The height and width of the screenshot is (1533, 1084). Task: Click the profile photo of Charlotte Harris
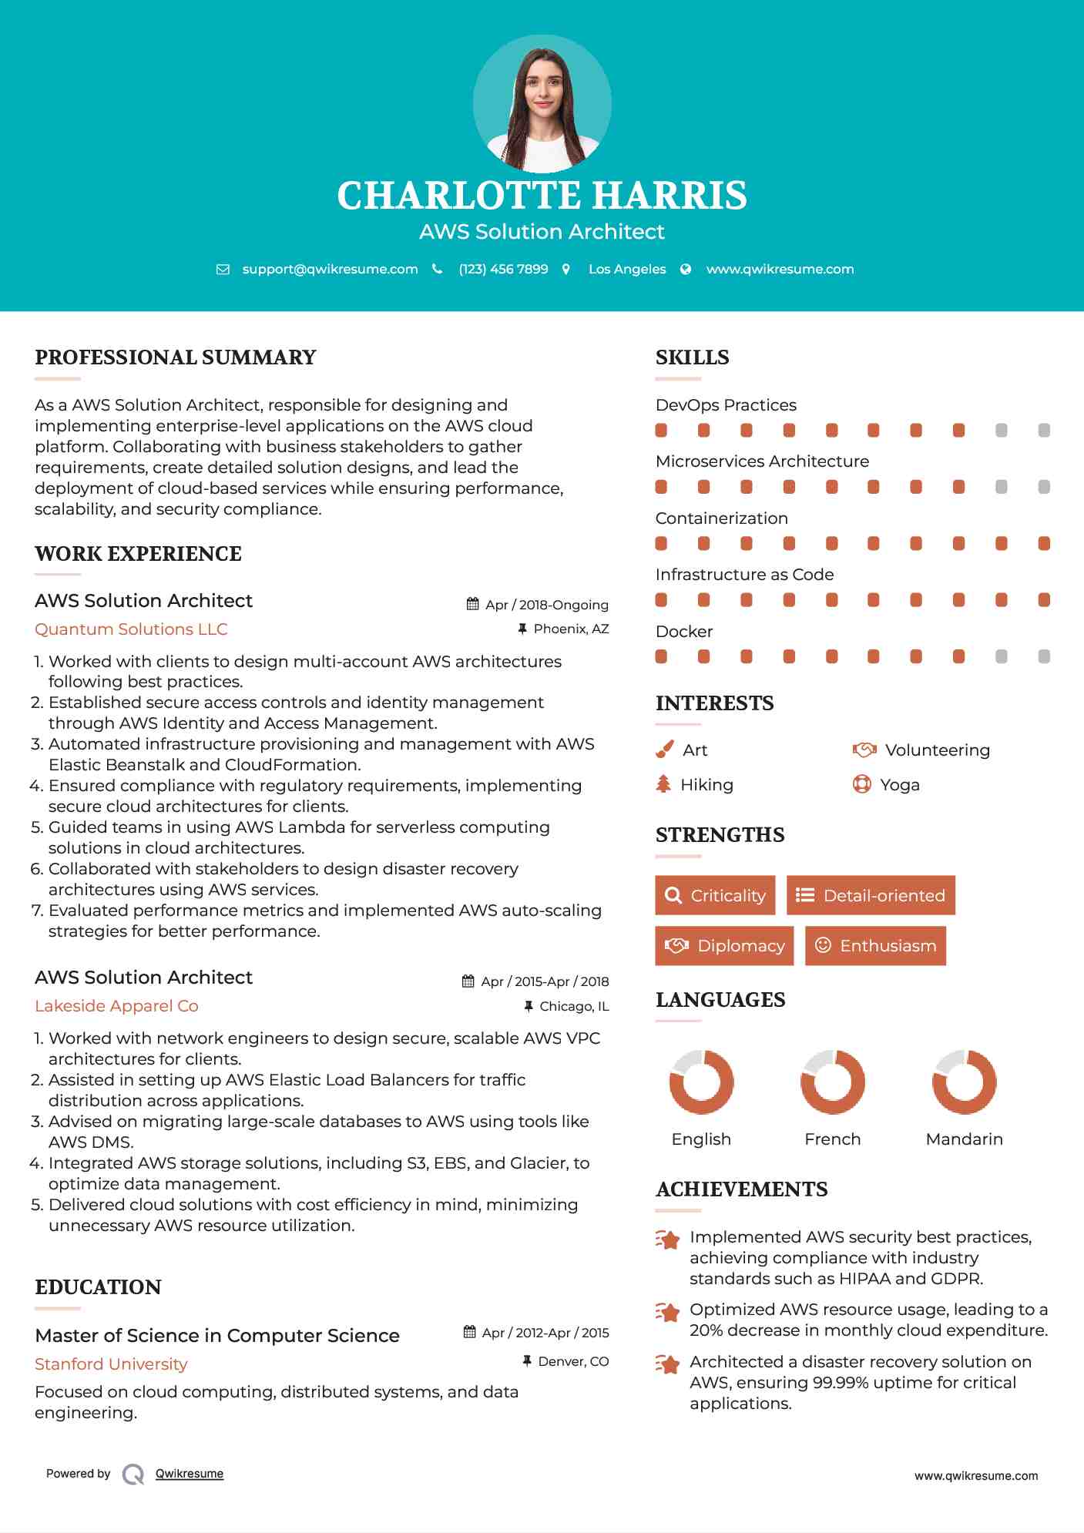(x=542, y=104)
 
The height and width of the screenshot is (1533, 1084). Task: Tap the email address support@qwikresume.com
(x=330, y=269)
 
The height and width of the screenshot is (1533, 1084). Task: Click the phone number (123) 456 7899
(x=503, y=269)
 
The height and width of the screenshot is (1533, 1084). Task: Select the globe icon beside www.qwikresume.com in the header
(x=686, y=269)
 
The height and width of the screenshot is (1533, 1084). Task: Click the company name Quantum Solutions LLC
(x=131, y=629)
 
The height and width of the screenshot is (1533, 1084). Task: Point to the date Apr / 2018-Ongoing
(x=546, y=605)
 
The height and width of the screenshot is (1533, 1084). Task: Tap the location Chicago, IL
(x=574, y=1006)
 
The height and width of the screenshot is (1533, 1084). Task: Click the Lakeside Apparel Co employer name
(x=116, y=1006)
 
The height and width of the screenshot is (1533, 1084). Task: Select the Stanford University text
(x=111, y=1364)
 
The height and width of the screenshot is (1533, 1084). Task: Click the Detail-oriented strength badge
(x=871, y=895)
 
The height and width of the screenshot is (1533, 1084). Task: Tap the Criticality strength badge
(x=715, y=895)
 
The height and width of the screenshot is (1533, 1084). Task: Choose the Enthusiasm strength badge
(x=875, y=945)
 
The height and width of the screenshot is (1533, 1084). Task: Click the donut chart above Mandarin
(x=964, y=1082)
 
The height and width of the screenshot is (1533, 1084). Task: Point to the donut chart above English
(x=701, y=1082)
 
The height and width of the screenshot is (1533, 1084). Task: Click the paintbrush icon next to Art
(x=664, y=750)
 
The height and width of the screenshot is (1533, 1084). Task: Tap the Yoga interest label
(x=900, y=785)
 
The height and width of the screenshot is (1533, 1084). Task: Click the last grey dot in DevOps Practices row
(x=1044, y=431)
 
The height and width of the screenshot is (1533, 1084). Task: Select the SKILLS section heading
(x=692, y=357)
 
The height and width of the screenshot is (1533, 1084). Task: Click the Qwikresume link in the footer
(x=190, y=1474)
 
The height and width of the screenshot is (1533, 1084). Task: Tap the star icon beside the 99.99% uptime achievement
(x=668, y=1364)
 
